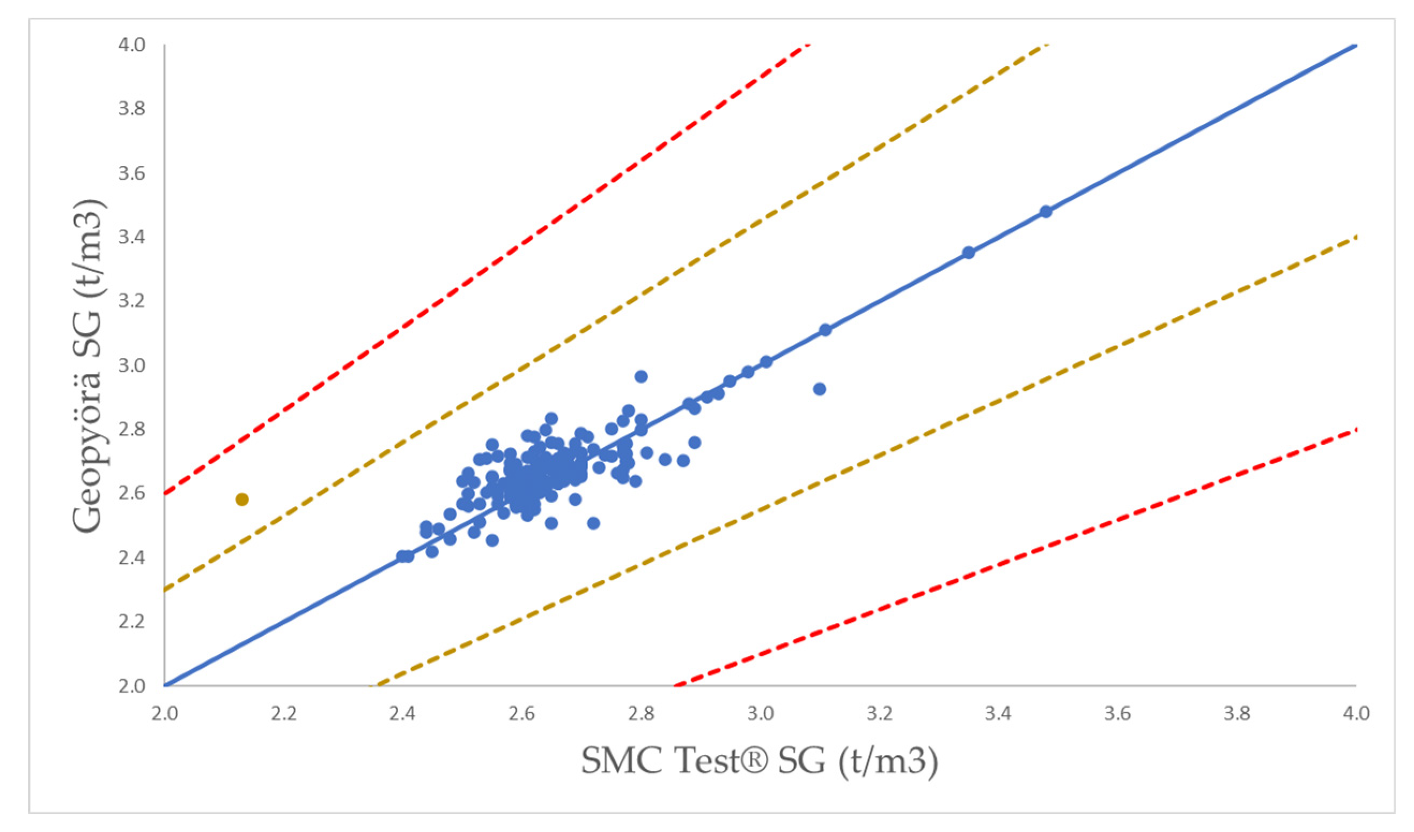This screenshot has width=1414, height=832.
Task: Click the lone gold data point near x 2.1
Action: [242, 499]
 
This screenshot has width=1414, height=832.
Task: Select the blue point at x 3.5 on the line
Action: [1045, 211]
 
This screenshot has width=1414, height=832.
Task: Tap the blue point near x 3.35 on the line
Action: [968, 253]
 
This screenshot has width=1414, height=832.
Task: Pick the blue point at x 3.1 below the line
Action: [819, 389]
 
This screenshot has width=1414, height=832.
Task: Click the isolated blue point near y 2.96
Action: [641, 377]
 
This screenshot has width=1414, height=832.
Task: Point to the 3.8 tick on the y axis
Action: [132, 108]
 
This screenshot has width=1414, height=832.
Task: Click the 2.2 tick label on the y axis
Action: [132, 622]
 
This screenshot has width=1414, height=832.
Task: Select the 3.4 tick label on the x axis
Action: [998, 713]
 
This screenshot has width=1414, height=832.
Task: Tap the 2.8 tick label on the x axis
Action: [641, 713]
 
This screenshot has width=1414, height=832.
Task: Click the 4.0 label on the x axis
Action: [1356, 713]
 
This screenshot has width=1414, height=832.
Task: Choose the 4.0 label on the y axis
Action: [132, 45]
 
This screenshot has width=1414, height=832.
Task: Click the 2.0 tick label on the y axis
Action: [132, 686]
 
